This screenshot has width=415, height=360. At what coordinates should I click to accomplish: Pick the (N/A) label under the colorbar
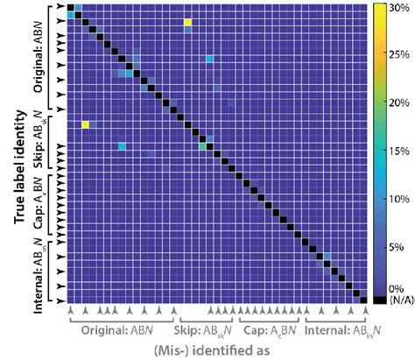[396, 300]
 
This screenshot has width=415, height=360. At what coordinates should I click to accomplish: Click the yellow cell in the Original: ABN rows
[187, 22]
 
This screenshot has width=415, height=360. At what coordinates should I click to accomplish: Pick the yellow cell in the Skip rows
[85, 125]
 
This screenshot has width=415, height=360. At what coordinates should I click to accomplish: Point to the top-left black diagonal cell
[69, 5]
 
